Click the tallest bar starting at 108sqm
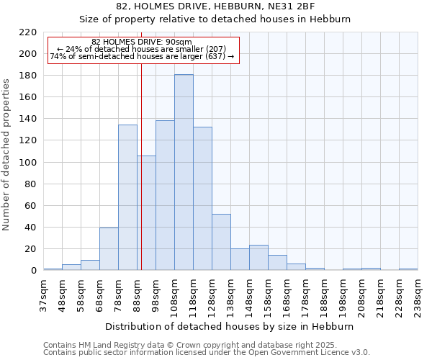pyautogui.click(x=184, y=173)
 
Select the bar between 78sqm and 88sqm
pyautogui.click(x=127, y=198)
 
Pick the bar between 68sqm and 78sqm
pyautogui.click(x=109, y=249)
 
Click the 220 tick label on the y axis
pyautogui.click(x=28, y=32)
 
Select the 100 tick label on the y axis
pyautogui.click(x=28, y=163)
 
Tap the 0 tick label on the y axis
pyautogui.click(x=34, y=271)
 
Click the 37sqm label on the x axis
pyautogui.click(x=44, y=296)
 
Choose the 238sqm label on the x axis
pyautogui.click(x=418, y=296)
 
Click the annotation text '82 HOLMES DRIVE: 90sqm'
pyautogui.click(x=142, y=42)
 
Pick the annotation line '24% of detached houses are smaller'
pyautogui.click(x=142, y=49)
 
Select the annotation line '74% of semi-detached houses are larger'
pyautogui.click(x=142, y=56)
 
